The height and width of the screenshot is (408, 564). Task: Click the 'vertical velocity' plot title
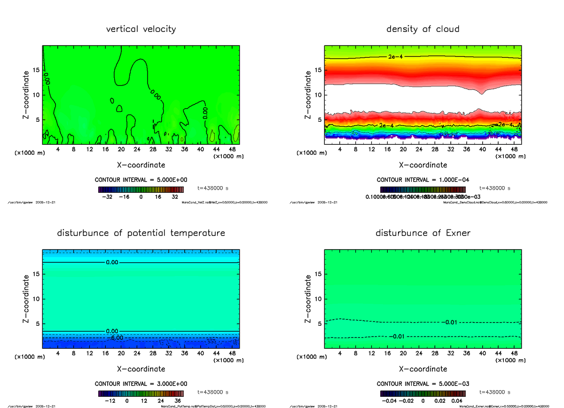(141, 29)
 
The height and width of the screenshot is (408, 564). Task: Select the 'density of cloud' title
(423, 29)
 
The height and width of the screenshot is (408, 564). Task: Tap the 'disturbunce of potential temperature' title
(141, 233)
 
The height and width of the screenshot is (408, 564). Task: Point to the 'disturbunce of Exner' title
(423, 233)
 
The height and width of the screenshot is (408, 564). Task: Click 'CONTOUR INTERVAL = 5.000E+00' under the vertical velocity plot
(141, 180)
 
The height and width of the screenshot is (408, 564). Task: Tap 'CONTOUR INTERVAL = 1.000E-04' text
(423, 180)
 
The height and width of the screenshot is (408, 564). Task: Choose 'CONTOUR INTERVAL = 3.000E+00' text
(141, 384)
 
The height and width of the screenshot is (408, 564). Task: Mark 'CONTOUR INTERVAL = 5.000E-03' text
(423, 384)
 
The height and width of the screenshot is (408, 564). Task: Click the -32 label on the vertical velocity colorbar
(110, 197)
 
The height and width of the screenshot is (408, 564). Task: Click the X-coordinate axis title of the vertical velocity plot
(141, 165)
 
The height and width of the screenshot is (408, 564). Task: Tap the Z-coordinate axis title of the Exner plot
(309, 299)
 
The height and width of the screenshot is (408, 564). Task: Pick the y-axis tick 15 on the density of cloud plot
(318, 71)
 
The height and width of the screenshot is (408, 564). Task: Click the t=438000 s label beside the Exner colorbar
(494, 392)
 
